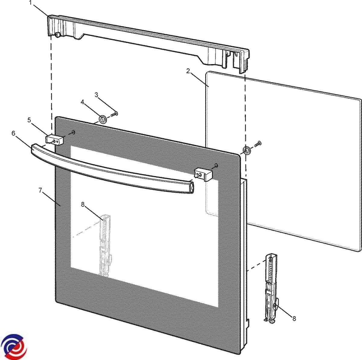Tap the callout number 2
[188, 71]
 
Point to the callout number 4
[82, 102]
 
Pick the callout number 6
[13, 133]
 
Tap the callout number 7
[40, 190]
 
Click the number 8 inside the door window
[83, 204]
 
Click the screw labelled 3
[114, 114]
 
